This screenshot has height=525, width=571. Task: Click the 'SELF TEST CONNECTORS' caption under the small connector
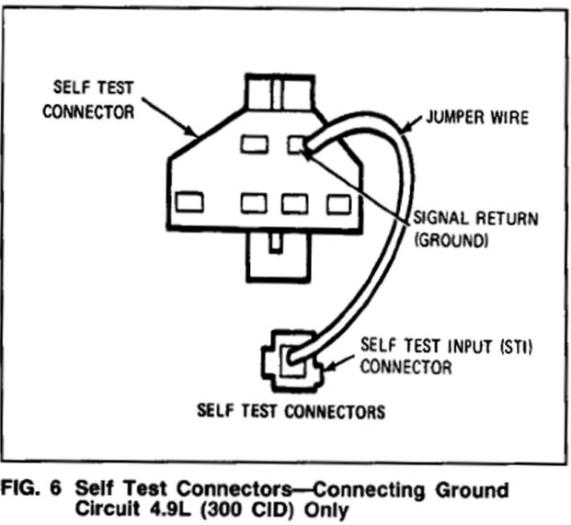coord(291,411)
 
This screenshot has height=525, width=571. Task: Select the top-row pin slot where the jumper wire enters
coord(295,144)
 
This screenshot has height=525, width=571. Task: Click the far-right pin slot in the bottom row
coord(337,201)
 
